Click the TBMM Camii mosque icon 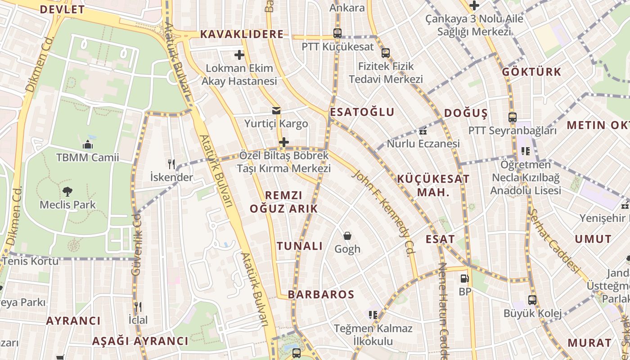coord(88,144)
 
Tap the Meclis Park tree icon coord(67,192)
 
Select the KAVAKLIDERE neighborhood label coord(242,34)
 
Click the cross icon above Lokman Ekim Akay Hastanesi coord(239,55)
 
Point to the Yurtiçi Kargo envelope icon coord(276,111)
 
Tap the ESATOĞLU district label coord(362,112)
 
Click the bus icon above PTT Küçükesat coord(337,33)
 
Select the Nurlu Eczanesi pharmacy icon coord(423,131)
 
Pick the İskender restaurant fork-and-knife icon coord(171,164)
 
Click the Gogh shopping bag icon coord(347,236)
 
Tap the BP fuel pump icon coord(465,279)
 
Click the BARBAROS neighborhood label coord(321,295)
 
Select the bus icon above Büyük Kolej coord(532,300)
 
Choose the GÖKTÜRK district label coord(531,72)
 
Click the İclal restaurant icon coord(138,307)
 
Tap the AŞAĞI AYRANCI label coord(140,341)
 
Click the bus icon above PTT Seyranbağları coord(513,117)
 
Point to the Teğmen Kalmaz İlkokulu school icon coord(373,315)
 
